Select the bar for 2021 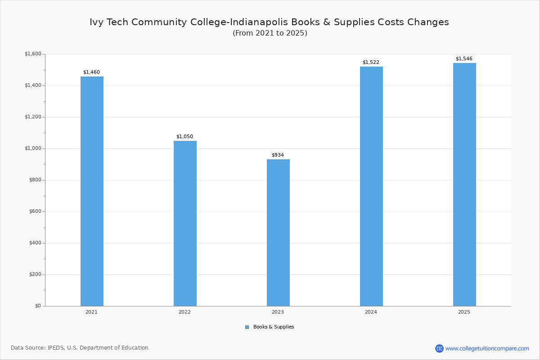pos(92,191)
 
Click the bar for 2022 pos(185,223)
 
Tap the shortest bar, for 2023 pos(278,233)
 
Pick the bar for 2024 pos(371,186)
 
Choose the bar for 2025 pos(464,184)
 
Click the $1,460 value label pos(91,72)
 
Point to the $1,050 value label pos(184,136)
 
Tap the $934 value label pos(278,155)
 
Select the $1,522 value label pos(371,62)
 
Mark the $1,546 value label pos(464,58)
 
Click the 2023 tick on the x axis pos(278,312)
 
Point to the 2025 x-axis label pos(464,312)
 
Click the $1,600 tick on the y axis pos(32,54)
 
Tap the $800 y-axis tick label pos(34,180)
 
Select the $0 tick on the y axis pos(38,306)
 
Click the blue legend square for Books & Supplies pos(247,327)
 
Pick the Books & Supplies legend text pos(274,327)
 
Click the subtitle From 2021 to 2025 pos(270,33)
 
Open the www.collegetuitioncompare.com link pos(487,348)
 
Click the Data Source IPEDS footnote pos(80,348)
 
